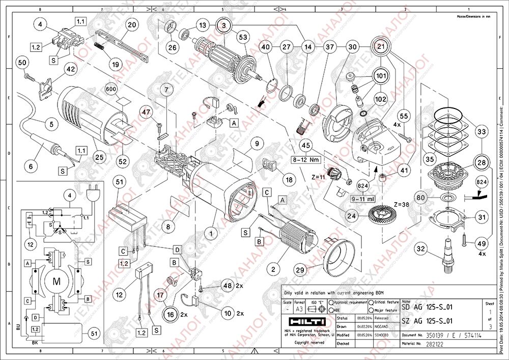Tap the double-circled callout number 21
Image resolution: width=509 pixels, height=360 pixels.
coord(381,46)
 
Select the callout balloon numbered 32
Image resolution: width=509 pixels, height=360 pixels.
coord(420,249)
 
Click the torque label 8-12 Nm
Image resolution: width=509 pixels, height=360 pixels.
coord(305,159)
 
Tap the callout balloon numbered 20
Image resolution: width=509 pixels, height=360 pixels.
coord(132,25)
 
